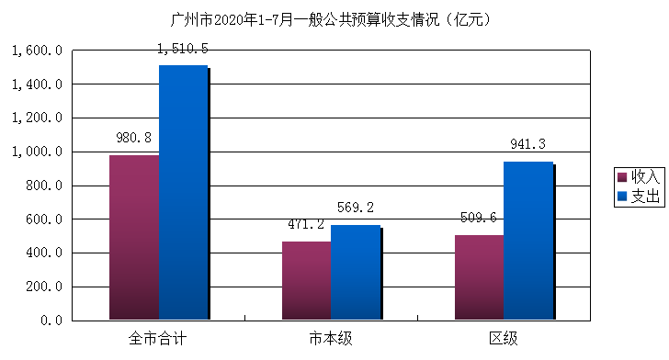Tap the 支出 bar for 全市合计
tap(183, 192)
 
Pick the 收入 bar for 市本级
tap(306, 280)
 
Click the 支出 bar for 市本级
tap(355, 272)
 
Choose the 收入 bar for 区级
tap(479, 277)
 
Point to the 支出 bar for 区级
tap(527, 241)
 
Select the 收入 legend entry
tap(638, 176)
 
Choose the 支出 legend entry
tap(638, 196)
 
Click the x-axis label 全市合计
tap(158, 339)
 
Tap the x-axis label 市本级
tap(330, 339)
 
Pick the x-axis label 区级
tap(503, 339)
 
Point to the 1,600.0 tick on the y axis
tap(36, 51)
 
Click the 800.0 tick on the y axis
tap(43, 186)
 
